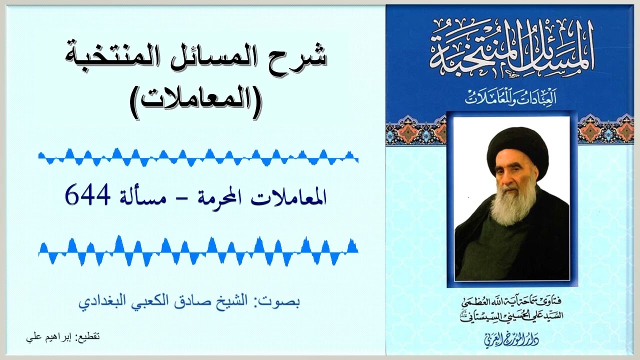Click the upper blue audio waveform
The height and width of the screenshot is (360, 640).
click(x=198, y=157)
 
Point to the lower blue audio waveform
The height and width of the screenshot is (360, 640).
click(x=198, y=248)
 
